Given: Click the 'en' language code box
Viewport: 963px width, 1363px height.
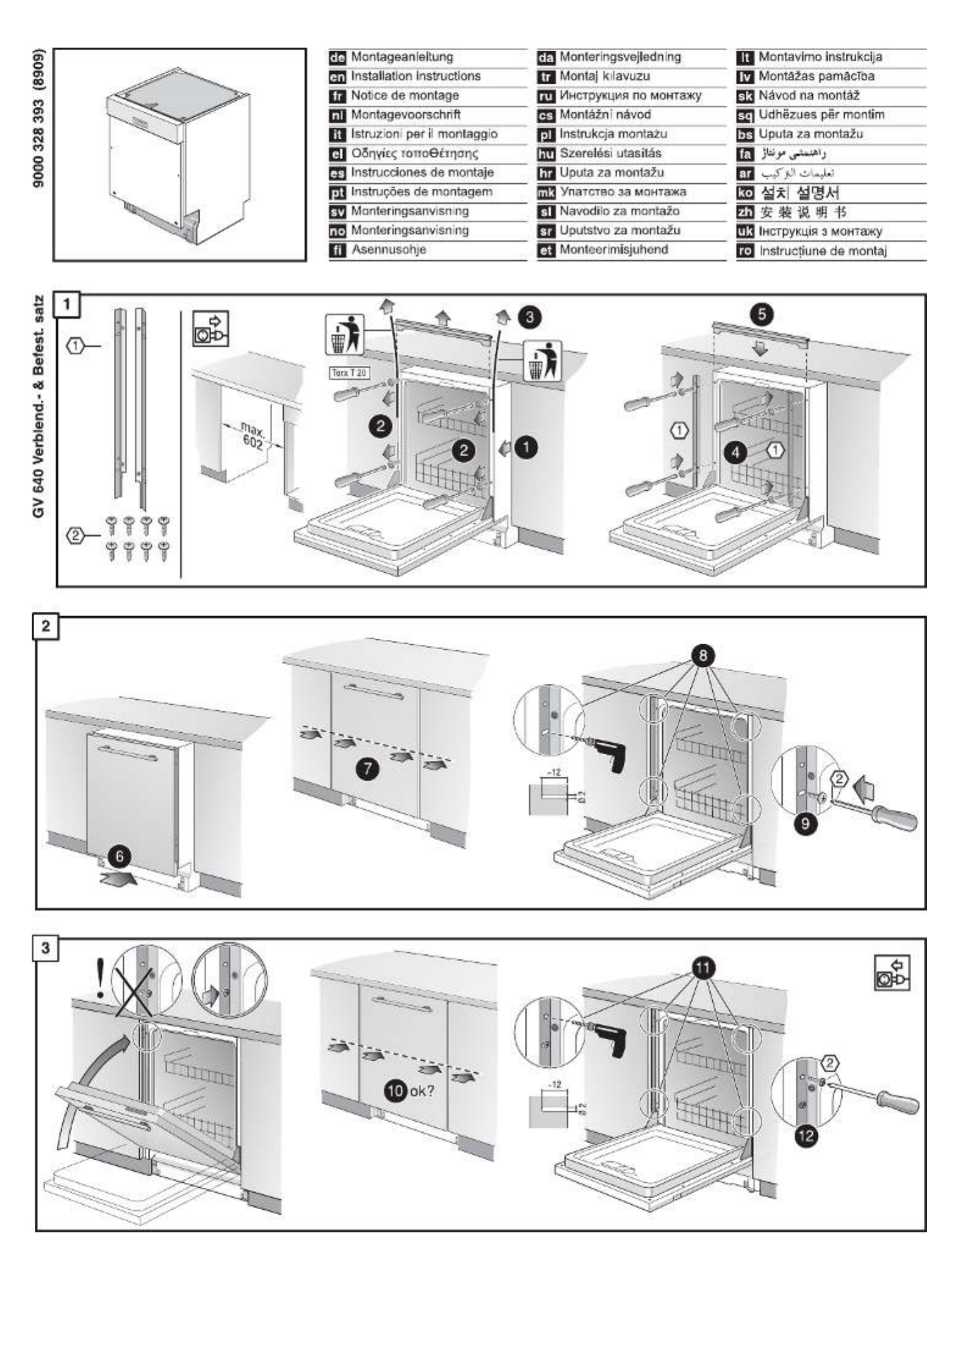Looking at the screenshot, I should tap(337, 77).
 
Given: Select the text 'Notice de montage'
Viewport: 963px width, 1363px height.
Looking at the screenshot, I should tap(405, 96).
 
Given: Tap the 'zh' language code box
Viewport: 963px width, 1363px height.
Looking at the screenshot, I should tap(746, 213).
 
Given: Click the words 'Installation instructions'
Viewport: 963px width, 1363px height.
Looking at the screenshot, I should tap(416, 76).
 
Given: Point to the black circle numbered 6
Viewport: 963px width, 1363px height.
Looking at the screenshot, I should tap(119, 856).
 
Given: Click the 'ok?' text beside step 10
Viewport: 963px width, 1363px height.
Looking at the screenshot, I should tap(422, 1090).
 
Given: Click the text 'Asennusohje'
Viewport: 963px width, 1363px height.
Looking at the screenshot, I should tap(388, 250).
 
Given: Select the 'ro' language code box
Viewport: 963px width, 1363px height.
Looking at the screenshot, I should tap(746, 251).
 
